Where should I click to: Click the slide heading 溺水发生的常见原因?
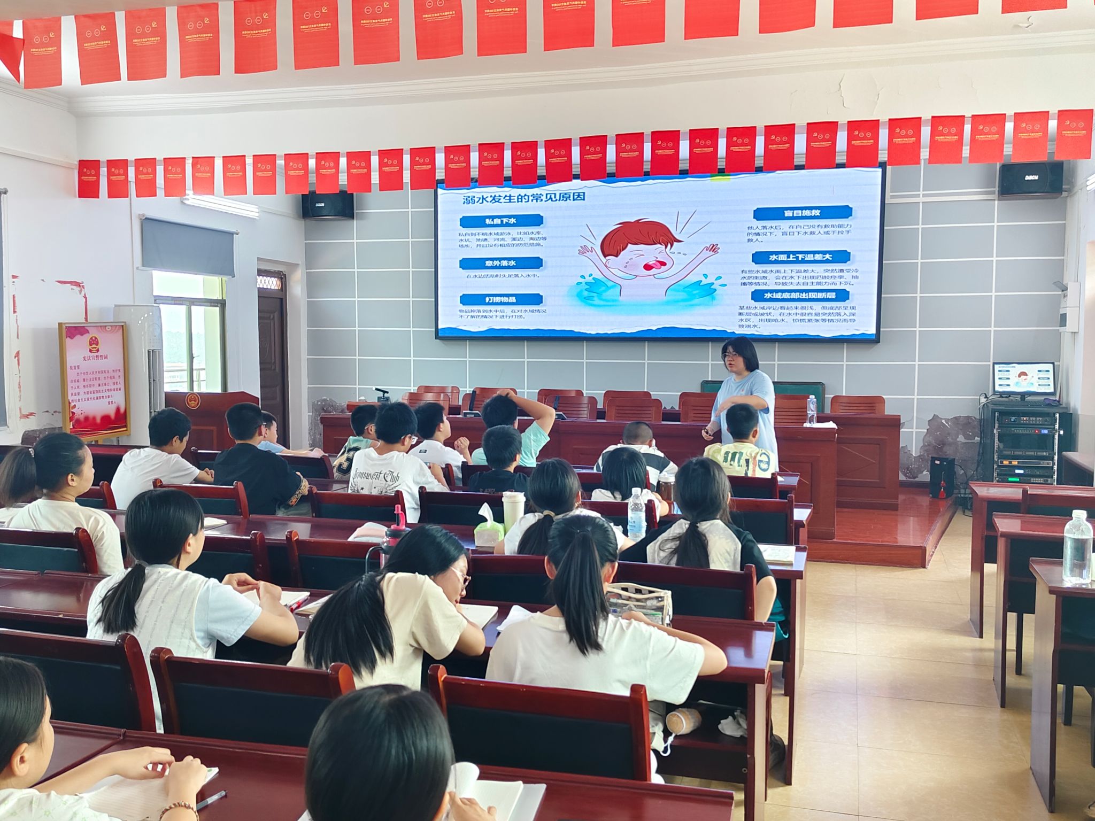point(517,198)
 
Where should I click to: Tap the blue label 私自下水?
point(501,221)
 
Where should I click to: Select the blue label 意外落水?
point(501,264)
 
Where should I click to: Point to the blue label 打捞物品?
point(501,299)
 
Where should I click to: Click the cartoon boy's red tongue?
point(654,266)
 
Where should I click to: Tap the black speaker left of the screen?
point(327,205)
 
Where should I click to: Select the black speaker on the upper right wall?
point(1030,180)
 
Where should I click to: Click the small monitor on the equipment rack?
point(1023,379)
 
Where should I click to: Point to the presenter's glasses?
point(731,356)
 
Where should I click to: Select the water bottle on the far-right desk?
point(1077,548)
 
